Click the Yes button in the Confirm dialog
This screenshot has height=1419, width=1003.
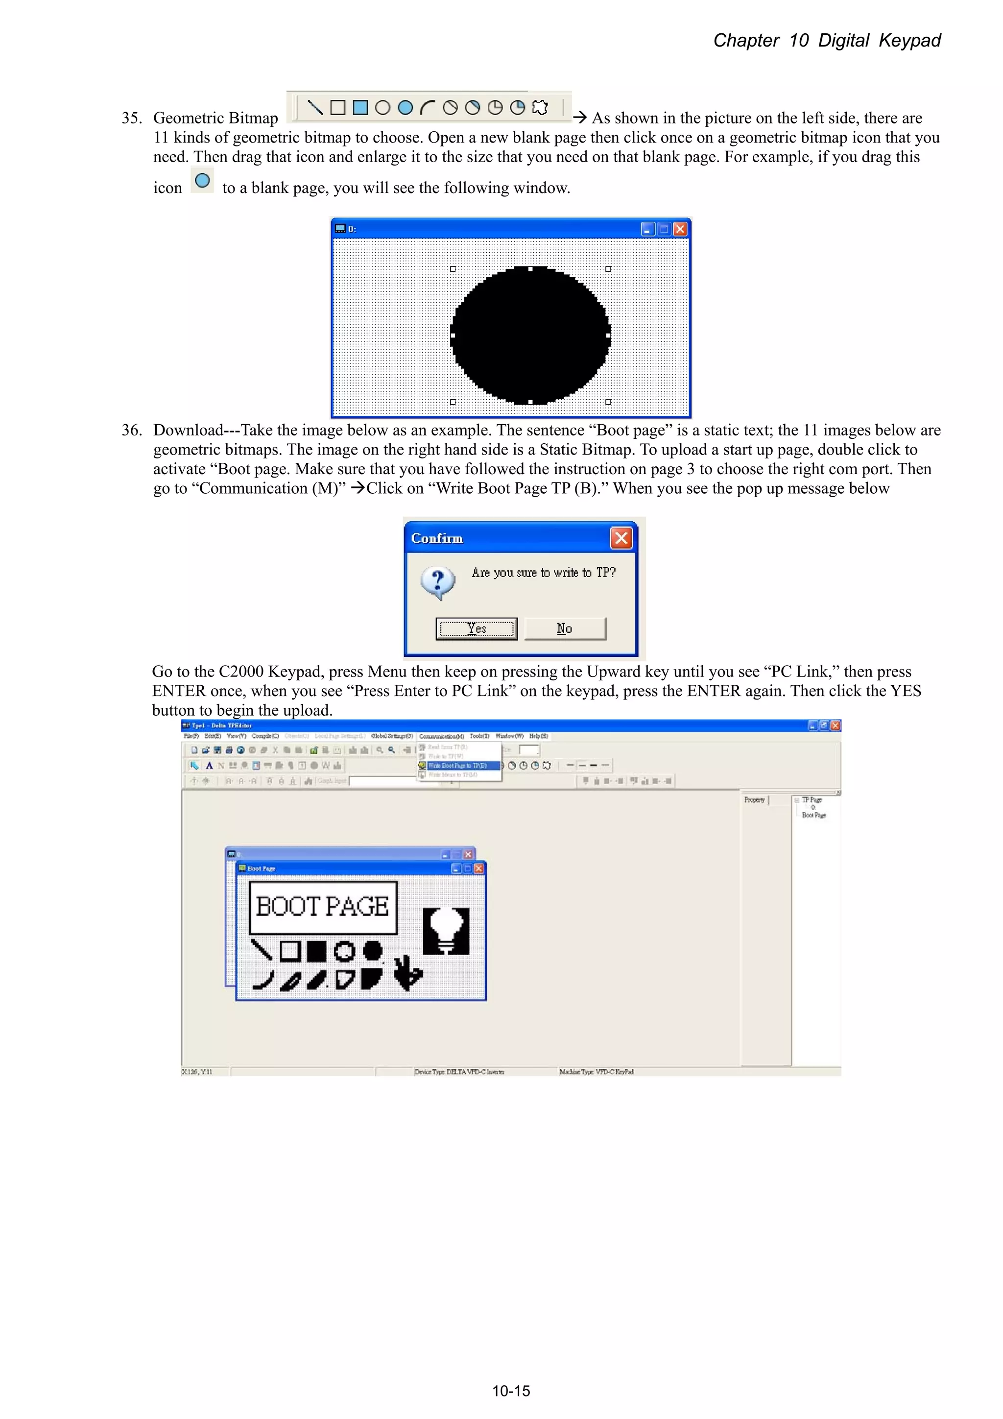tap(476, 628)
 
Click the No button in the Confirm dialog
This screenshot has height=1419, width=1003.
tap(565, 628)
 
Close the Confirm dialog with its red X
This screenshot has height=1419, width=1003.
tap(621, 538)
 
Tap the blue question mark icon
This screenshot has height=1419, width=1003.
tap(437, 582)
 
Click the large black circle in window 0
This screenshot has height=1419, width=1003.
tap(530, 336)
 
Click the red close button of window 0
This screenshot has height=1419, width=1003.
tap(680, 229)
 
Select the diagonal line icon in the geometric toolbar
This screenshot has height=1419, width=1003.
tap(315, 108)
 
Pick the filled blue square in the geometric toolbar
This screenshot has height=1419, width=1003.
tap(360, 108)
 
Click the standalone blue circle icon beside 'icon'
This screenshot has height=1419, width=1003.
tap(202, 180)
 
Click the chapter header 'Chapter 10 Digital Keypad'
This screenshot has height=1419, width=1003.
tap(826, 41)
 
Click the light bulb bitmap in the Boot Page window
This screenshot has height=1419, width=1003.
tap(446, 931)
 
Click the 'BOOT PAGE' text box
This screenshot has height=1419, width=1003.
tap(323, 907)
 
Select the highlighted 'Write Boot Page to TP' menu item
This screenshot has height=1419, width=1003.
tap(458, 766)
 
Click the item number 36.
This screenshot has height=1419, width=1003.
tap(131, 430)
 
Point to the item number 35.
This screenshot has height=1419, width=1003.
tap(131, 118)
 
